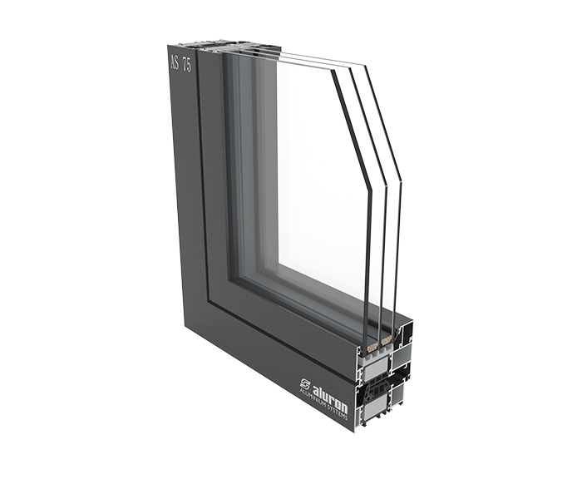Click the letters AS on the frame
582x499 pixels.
175,62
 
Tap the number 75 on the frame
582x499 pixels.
187,65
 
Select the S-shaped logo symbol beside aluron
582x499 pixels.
305,383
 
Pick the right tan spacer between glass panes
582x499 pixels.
386,339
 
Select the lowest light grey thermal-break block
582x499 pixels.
376,410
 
